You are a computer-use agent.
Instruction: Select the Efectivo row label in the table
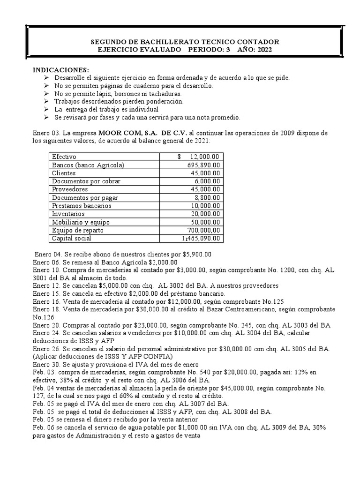64,157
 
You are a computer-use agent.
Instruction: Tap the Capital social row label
71,239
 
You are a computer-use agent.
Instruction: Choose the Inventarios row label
68,214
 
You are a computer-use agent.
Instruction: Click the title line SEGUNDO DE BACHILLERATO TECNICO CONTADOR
184,42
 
